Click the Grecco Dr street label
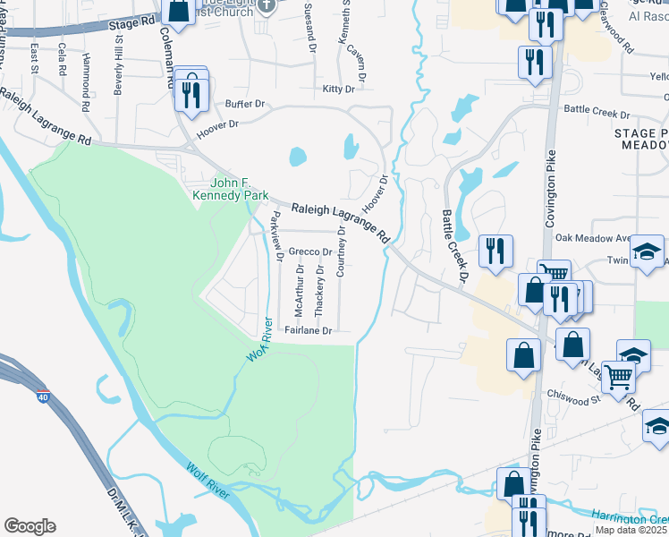point(309,252)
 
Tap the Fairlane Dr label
point(309,330)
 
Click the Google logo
point(30,526)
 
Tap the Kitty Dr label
point(339,89)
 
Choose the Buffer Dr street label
point(246,104)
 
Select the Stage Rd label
point(131,23)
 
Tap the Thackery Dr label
point(320,291)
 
